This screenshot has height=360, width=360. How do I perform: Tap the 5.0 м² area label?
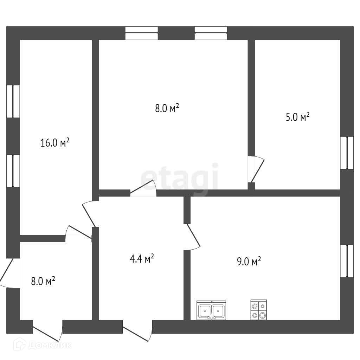297,117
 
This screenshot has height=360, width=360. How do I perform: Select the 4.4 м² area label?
142,259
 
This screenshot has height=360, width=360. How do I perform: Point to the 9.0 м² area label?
249,261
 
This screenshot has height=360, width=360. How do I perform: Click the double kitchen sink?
211,311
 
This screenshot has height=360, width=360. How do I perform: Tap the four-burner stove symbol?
258,310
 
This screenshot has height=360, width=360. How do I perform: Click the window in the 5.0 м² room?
347,153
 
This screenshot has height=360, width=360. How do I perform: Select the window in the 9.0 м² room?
347,261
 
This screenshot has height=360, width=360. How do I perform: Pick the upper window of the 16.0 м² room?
13,101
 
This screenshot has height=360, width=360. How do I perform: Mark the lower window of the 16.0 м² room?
13,171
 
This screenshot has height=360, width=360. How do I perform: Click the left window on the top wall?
142,33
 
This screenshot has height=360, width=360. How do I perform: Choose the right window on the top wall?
211,33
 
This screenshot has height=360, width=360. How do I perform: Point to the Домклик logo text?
49,345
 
